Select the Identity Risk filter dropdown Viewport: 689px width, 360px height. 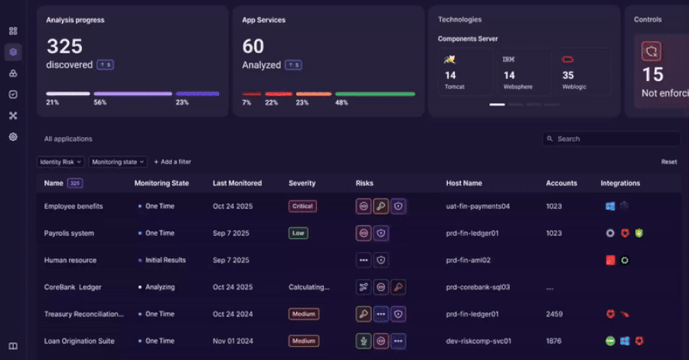pyautogui.click(x=60, y=162)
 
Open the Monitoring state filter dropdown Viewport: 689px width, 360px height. pyautogui.click(x=118, y=162)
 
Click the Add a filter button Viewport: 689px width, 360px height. pyautogui.click(x=172, y=162)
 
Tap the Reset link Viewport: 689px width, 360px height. pyautogui.click(x=668, y=162)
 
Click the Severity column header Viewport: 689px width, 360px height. pyautogui.click(x=302, y=183)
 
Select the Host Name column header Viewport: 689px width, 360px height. pyautogui.click(x=464, y=183)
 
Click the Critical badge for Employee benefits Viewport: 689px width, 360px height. pyautogui.click(x=302, y=206)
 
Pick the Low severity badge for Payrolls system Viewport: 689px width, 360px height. pyautogui.click(x=298, y=233)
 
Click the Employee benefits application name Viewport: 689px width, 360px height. pyautogui.click(x=73, y=206)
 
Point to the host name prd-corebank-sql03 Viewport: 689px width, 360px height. pyautogui.click(x=478, y=287)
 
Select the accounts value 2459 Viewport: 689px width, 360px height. pyautogui.click(x=553, y=314)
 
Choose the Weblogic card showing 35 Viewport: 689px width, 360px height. pyautogui.click(x=581, y=71)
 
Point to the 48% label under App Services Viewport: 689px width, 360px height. pyautogui.click(x=341, y=103)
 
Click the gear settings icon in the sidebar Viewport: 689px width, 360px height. pyautogui.click(x=13, y=136)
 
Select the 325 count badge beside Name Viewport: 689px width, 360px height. pyautogui.click(x=75, y=183)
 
